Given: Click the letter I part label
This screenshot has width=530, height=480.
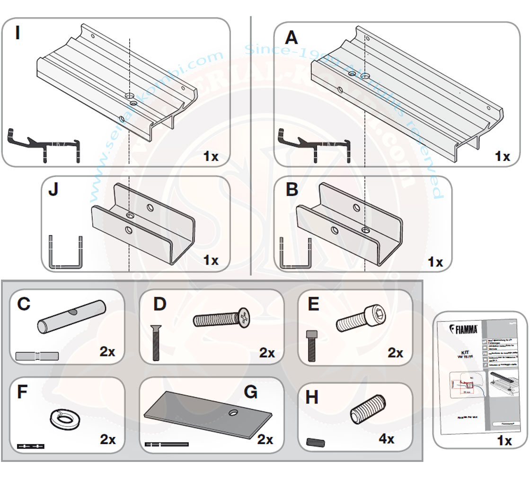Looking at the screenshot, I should pos(18,34).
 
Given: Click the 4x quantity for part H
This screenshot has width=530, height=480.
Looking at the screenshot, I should pos(386,439).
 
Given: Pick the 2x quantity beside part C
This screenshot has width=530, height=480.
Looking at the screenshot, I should pos(108,352).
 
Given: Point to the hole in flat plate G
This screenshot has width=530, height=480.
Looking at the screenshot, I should pos(232,413).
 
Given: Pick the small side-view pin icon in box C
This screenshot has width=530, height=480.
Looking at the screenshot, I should pos(37,356).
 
